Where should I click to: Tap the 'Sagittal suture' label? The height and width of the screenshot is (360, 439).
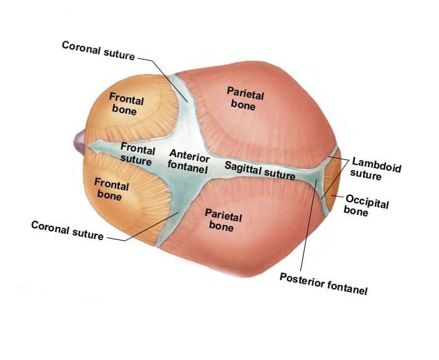(x=260, y=170)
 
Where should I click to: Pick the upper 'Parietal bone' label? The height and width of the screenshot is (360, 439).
(x=245, y=98)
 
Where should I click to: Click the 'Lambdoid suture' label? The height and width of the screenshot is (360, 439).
(x=372, y=168)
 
